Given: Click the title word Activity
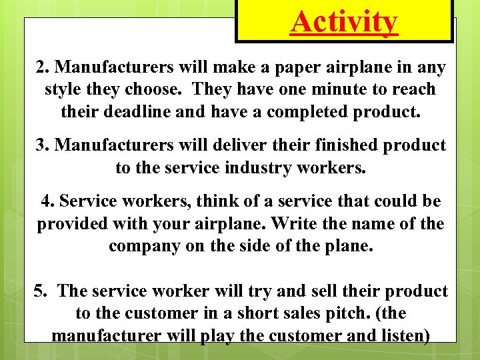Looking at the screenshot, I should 344,22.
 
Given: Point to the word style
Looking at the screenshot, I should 64,89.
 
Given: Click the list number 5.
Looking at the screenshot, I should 40,291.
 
